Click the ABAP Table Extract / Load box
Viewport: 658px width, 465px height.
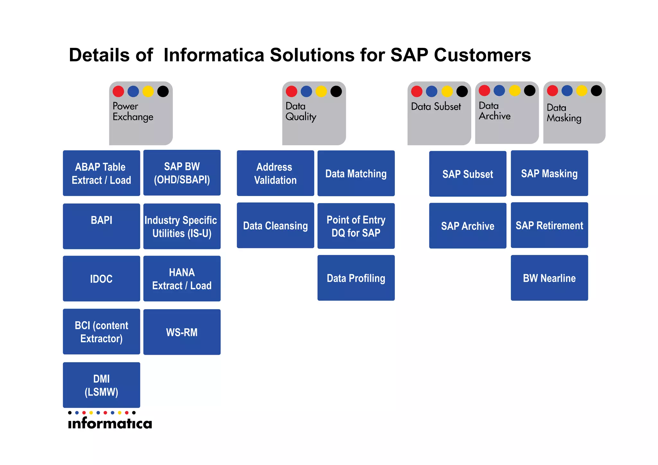click(102, 173)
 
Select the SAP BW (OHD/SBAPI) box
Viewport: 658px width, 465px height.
click(182, 173)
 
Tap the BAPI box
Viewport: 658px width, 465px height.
click(102, 226)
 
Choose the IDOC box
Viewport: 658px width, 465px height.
click(102, 279)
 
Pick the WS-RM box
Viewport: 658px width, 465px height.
click(182, 332)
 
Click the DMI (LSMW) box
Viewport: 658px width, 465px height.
click(102, 385)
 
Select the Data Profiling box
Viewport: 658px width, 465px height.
click(356, 278)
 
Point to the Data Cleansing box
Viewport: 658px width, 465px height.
click(275, 226)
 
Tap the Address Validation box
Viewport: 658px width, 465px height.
click(275, 173)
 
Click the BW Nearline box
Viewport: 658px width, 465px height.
click(549, 278)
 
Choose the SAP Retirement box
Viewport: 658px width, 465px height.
click(549, 225)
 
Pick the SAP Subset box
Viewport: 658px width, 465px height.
click(467, 174)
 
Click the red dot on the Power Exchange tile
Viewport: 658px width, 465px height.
click(118, 91)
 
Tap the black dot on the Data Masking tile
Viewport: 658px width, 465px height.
click(596, 91)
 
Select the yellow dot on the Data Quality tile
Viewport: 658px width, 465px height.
click(321, 91)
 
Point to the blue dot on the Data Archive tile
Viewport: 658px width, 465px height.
click(499, 91)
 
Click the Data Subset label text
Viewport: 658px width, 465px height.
click(436, 106)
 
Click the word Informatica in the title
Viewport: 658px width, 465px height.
click(214, 55)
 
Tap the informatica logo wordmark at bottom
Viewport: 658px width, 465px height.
click(110, 423)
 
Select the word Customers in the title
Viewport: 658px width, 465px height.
click(482, 55)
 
